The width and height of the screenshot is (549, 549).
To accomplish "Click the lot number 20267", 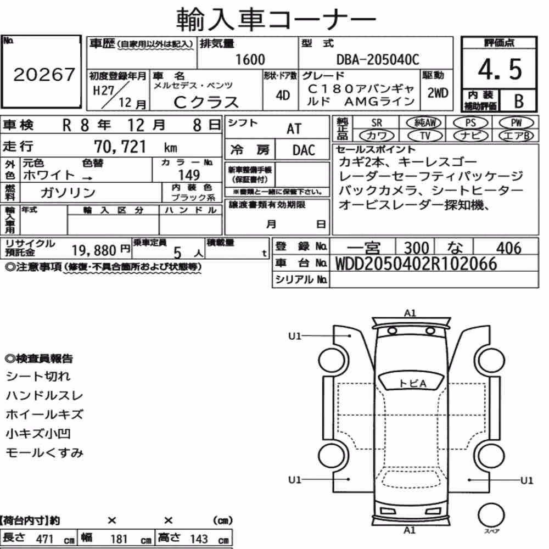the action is [44, 74].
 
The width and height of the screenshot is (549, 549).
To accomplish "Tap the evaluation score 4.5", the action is [500, 69].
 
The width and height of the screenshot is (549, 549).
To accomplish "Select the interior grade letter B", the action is [519, 101].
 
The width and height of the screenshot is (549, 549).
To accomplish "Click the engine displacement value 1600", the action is [250, 59].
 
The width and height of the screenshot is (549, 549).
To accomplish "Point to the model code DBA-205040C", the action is [378, 60].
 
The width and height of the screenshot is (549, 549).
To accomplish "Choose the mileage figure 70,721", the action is [120, 147].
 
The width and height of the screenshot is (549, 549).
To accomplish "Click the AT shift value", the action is [294, 129].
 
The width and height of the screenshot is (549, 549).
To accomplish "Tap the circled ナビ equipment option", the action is [470, 136].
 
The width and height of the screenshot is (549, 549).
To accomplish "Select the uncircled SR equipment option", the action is [377, 123].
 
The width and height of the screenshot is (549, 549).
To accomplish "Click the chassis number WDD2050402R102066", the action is [416, 264].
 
